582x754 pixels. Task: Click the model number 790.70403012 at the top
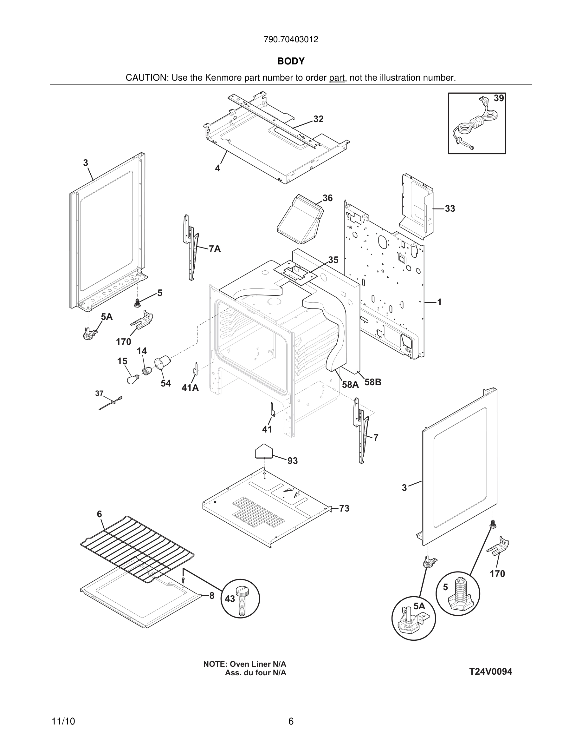tap(291, 40)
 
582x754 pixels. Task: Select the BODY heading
tap(291, 61)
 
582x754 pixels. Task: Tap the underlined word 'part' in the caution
tap(337, 78)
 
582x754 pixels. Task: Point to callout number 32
tap(318, 119)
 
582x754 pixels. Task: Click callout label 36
tap(327, 198)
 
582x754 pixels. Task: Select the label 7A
tap(215, 249)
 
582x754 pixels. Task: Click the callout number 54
tap(166, 384)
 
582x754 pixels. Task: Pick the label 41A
tap(190, 388)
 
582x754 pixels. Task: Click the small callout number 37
tap(99, 393)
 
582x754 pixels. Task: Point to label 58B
tap(373, 382)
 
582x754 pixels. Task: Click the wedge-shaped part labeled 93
tap(264, 452)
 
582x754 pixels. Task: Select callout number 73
tap(344, 508)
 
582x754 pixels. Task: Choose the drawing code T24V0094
tap(490, 671)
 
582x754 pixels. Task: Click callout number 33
tap(449, 208)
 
